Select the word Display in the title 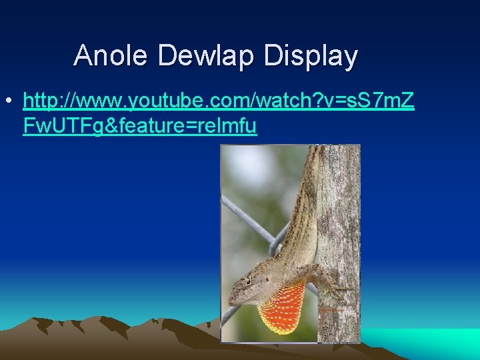311,55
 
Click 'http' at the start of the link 44,101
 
